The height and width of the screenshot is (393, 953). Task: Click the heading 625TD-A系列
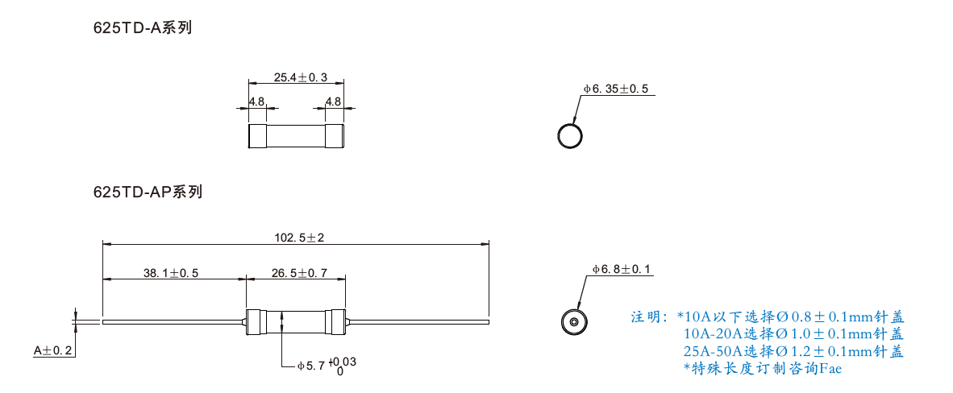click(x=142, y=28)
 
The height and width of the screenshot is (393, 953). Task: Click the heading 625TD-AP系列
click(x=148, y=192)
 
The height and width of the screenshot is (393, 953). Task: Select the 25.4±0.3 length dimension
click(x=300, y=77)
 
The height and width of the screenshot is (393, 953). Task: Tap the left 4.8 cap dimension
click(x=257, y=101)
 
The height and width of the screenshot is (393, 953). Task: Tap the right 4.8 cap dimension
click(x=333, y=101)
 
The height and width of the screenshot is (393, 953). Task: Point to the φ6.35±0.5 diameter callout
click(x=616, y=89)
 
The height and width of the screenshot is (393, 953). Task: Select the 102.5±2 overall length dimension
click(x=300, y=238)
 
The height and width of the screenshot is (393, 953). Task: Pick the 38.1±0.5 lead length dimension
click(x=171, y=273)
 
